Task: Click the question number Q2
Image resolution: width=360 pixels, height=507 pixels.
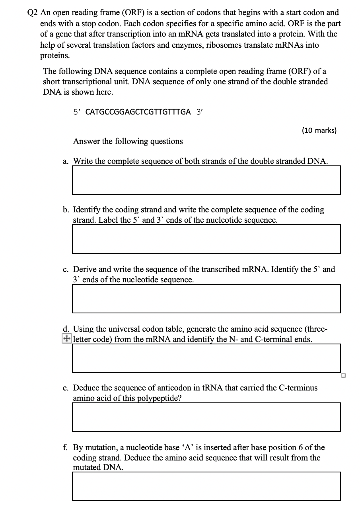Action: [33, 13]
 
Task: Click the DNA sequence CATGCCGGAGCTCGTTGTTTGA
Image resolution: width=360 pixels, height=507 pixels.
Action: [138, 112]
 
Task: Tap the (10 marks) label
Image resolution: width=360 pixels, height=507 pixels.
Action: [319, 130]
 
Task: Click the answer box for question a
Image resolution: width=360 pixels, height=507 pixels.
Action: [206, 180]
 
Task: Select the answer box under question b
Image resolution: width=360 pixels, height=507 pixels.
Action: [206, 239]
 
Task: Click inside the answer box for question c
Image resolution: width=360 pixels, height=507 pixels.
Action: [206, 298]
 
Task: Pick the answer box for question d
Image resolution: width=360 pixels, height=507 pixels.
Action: [206, 358]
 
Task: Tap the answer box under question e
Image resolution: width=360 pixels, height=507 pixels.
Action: [206, 417]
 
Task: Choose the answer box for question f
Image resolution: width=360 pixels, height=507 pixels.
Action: [206, 486]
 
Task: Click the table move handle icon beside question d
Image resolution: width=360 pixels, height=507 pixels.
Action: [67, 339]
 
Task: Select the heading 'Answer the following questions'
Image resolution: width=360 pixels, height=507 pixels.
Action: [128, 141]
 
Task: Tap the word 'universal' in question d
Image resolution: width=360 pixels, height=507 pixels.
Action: [112, 329]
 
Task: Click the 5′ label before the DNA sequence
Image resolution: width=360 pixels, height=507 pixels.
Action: [77, 112]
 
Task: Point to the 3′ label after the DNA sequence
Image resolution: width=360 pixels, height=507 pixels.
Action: [200, 112]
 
